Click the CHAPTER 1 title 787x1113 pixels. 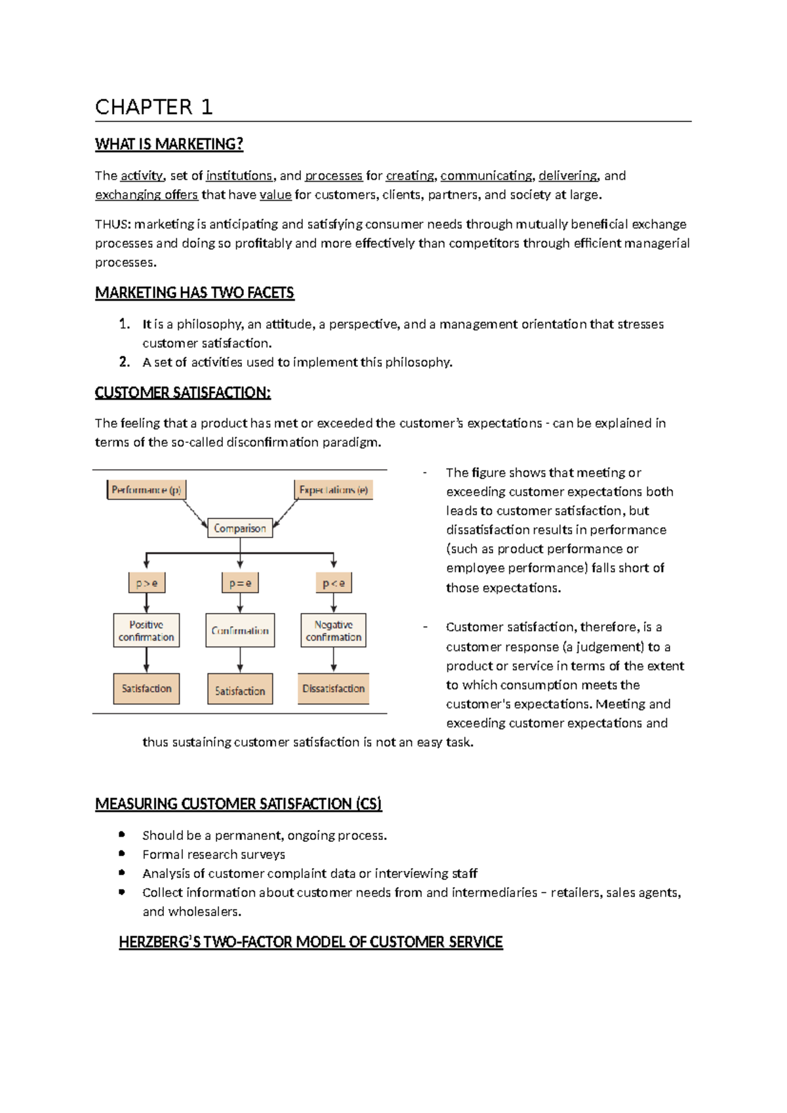click(153, 107)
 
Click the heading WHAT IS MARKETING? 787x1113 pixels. click(169, 144)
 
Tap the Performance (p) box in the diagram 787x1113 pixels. click(146, 490)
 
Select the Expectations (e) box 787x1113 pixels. click(333, 490)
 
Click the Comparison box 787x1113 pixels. click(240, 528)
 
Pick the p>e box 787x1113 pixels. click(146, 583)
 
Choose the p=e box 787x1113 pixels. click(240, 583)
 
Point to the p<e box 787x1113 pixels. click(333, 583)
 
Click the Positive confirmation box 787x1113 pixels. click(146, 631)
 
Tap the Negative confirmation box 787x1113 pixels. click(333, 631)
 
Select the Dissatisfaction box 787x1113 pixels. click(333, 688)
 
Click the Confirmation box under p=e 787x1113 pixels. click(240, 631)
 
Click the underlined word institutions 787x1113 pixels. click(239, 176)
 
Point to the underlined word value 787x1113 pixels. click(275, 195)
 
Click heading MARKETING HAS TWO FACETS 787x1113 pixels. click(195, 293)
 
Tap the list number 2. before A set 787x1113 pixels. click(125, 362)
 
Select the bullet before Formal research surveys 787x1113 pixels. click(122, 854)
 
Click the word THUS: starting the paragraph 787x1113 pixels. click(112, 224)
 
